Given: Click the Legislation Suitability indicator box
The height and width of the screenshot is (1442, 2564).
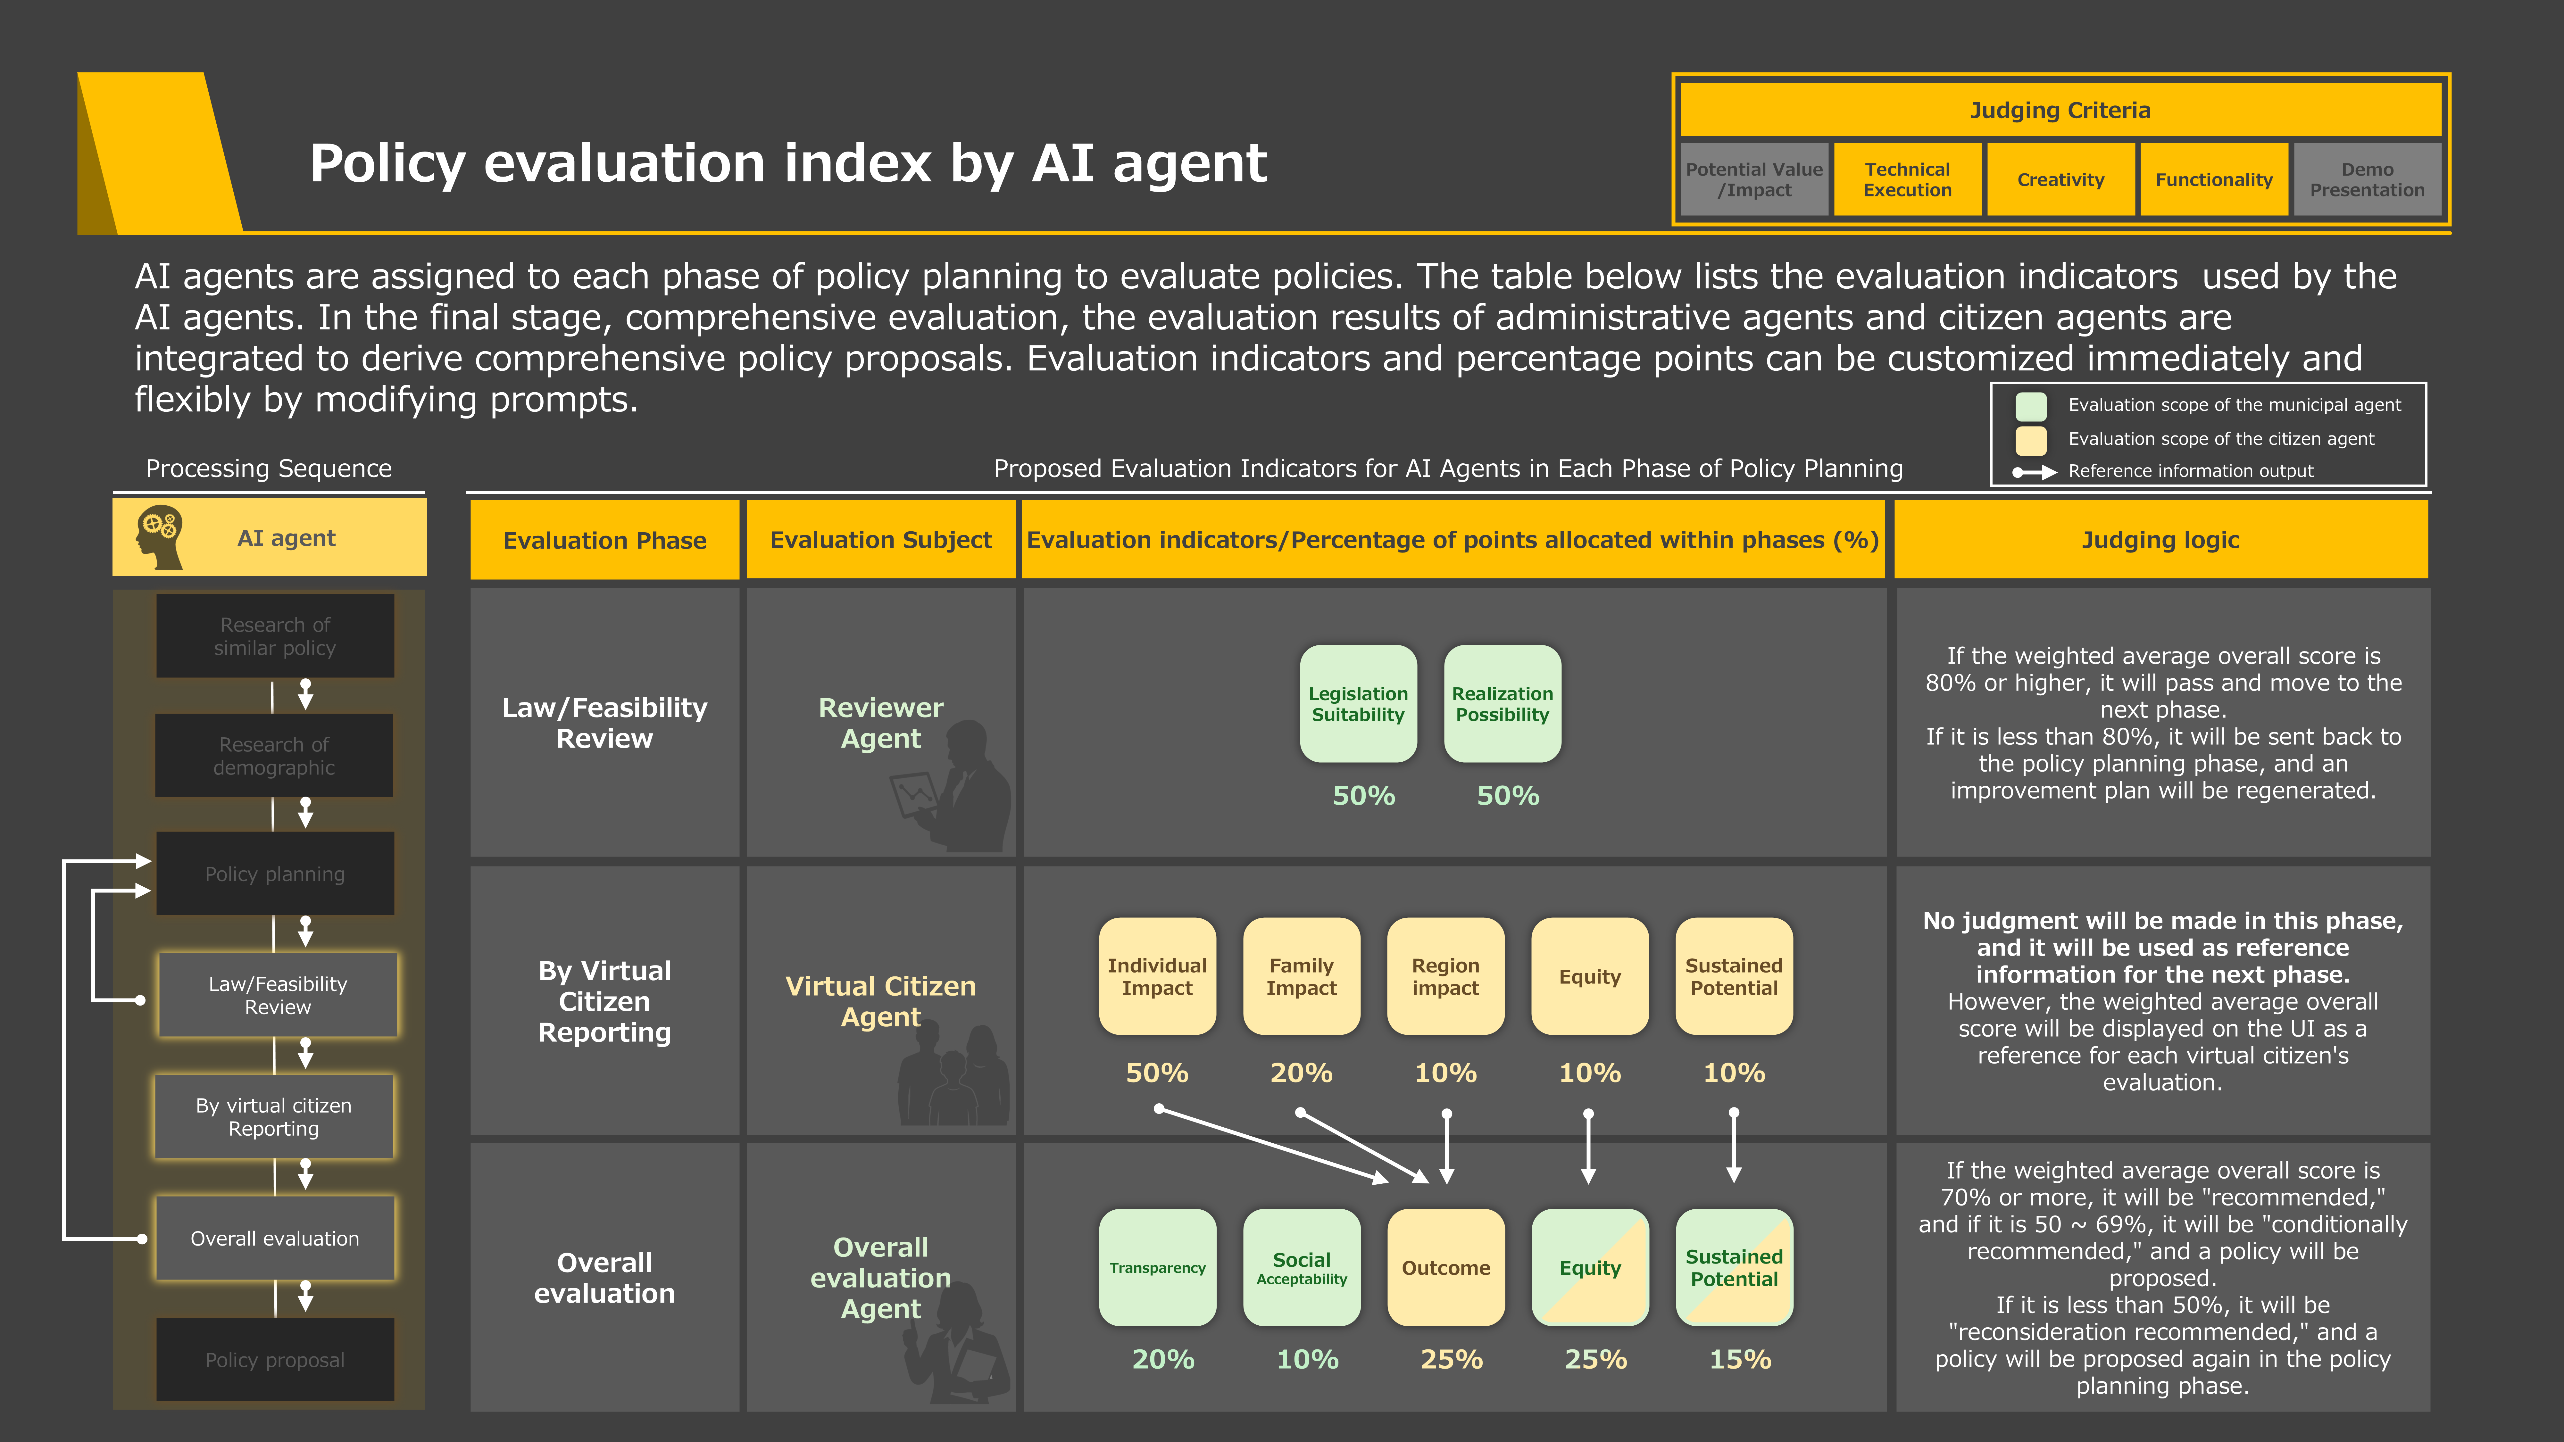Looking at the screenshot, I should [1358, 704].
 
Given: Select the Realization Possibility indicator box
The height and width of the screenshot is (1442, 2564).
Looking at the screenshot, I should [1502, 704].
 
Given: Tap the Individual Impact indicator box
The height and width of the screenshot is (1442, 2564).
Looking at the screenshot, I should [1157, 976].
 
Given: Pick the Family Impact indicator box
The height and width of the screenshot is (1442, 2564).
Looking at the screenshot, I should [1301, 976].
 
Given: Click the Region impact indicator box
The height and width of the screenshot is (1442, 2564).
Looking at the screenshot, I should [1445, 976].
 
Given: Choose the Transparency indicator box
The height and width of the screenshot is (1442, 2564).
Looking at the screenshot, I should [1157, 1267].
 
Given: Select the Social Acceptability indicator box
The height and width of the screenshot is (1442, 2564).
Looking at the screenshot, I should [1301, 1267].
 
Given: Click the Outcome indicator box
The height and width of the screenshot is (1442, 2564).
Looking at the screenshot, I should [1445, 1267].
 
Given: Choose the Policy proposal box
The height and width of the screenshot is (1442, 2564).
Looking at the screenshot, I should [275, 1359].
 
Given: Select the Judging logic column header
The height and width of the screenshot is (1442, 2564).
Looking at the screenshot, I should [2160, 539].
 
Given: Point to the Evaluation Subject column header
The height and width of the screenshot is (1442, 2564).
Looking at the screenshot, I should [881, 539].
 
